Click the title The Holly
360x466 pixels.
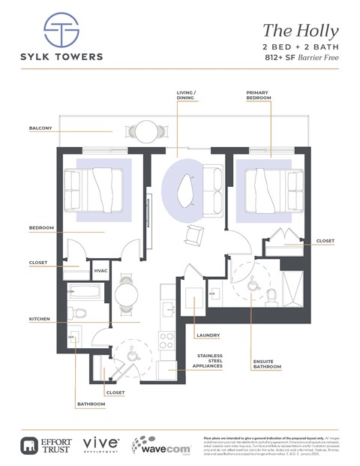coord(300,31)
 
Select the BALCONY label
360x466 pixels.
coord(40,128)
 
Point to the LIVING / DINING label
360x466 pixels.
coord(185,96)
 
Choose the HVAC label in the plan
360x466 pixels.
coord(100,270)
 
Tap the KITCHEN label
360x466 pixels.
coord(39,319)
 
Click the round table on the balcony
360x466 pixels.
coord(147,131)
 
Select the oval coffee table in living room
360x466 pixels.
coord(186,191)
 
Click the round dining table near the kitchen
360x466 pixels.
coord(126,293)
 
